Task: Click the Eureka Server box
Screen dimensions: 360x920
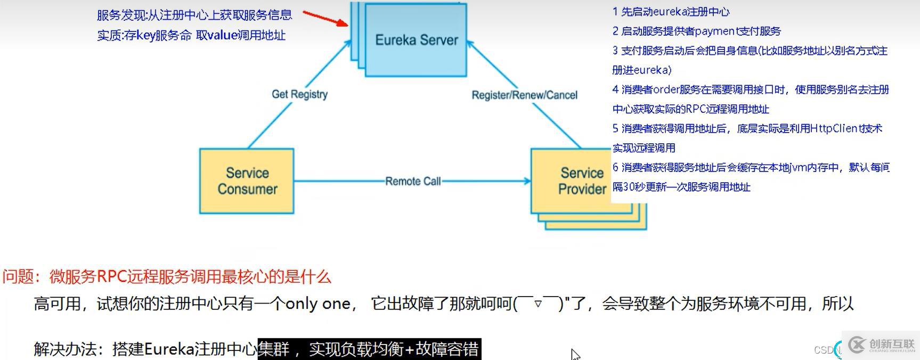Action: click(416, 40)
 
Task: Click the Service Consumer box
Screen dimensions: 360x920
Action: click(247, 181)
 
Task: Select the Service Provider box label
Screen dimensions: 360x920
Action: click(582, 181)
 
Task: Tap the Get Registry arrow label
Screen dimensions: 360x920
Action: click(299, 94)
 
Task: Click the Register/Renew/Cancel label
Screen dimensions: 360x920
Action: click(524, 95)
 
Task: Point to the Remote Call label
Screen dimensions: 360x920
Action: click(413, 182)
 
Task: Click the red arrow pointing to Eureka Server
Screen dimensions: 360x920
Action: click(325, 18)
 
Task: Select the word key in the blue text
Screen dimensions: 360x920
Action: click(145, 35)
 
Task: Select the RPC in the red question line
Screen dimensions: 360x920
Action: click(111, 277)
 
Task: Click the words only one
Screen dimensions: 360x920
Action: click(317, 304)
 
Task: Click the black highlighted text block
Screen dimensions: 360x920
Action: click(369, 349)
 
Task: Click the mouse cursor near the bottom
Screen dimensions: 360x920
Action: click(575, 354)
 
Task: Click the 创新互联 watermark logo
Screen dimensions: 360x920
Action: click(881, 345)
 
